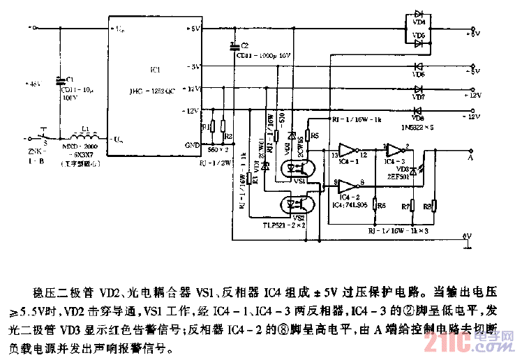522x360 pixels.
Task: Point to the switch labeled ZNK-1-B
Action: click(x=44, y=135)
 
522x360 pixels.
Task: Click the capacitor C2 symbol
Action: click(x=233, y=46)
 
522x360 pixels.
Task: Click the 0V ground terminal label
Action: click(x=468, y=237)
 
